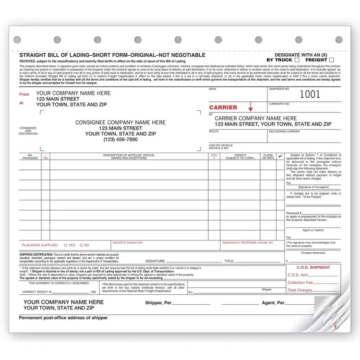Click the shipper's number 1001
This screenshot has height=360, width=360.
(x=310, y=94)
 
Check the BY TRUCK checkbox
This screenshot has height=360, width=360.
(x=297, y=60)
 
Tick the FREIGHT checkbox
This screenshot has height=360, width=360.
(x=332, y=60)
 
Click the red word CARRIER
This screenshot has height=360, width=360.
(x=223, y=108)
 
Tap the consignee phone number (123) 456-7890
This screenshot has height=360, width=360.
(x=120, y=140)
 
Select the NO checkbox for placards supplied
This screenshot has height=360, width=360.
(x=81, y=245)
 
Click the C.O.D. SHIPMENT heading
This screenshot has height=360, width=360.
(x=314, y=267)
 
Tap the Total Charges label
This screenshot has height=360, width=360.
(x=300, y=290)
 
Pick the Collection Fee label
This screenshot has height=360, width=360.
(x=300, y=282)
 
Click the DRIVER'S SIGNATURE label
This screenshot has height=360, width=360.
(x=128, y=243)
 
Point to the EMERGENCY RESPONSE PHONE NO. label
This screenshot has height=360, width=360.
(x=245, y=243)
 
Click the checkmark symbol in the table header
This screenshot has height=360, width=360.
(x=280, y=156)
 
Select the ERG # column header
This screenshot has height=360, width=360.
(x=214, y=156)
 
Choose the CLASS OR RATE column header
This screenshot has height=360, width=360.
(x=268, y=156)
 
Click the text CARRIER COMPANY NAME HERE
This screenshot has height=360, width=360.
(x=255, y=118)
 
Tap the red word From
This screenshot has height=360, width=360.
(x=24, y=95)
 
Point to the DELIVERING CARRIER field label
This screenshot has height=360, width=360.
(x=284, y=131)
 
